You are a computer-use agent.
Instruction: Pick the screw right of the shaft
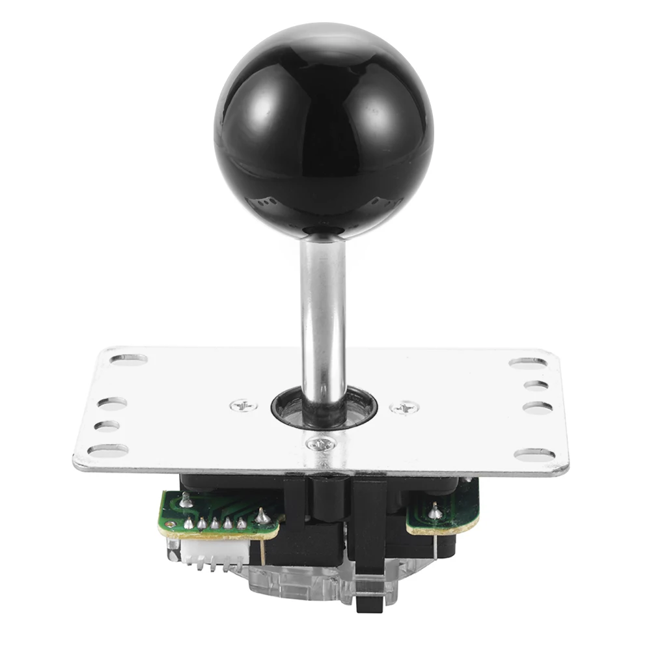click(x=404, y=408)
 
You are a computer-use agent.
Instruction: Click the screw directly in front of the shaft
click(x=320, y=444)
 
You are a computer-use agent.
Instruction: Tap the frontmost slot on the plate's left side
click(x=108, y=449)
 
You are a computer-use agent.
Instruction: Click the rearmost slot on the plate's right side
click(x=528, y=363)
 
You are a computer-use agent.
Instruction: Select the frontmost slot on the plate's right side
click(x=534, y=454)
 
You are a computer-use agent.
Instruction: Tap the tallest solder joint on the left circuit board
click(x=262, y=516)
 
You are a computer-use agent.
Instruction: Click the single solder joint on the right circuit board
click(x=435, y=512)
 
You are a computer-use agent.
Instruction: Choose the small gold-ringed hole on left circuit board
click(x=185, y=501)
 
